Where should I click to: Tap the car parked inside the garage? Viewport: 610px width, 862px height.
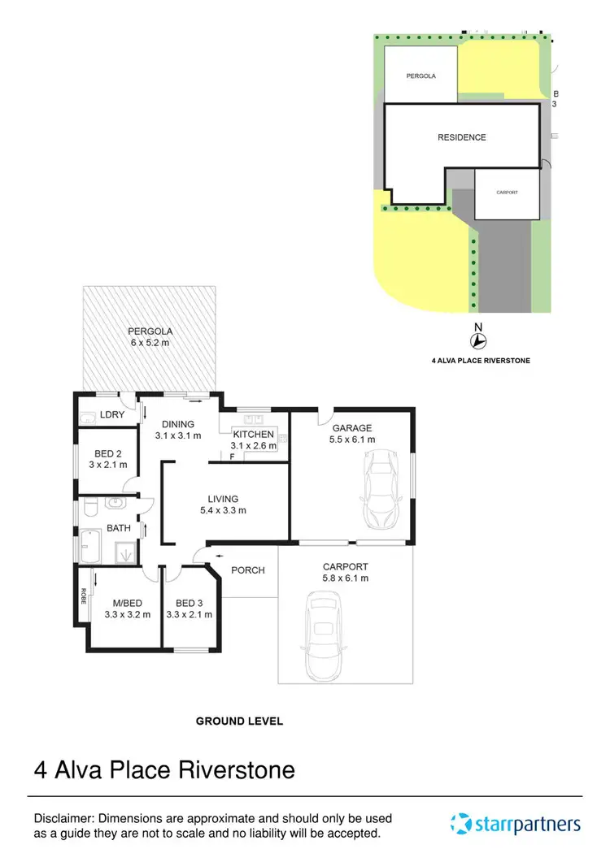[380, 490]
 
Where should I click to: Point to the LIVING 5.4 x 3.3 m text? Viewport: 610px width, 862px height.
[223, 505]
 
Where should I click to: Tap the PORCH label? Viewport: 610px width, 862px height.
[248, 570]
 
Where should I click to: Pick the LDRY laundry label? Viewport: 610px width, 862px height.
[112, 415]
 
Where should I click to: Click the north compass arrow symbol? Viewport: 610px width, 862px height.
[478, 341]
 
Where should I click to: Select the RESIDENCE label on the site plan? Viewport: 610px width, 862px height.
[461, 137]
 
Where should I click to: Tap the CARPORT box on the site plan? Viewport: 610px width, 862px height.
[507, 193]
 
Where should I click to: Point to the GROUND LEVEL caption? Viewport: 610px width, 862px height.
[239, 721]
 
